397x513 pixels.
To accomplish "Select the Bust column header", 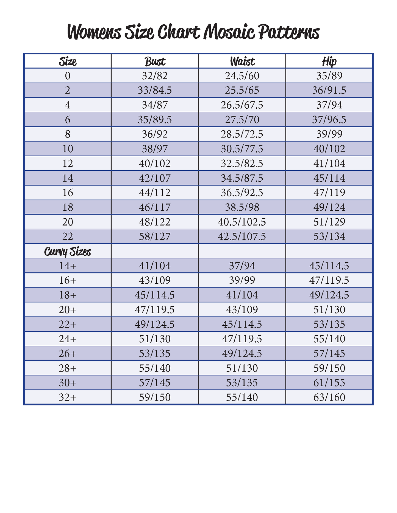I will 155,61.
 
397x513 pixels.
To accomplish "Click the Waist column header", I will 242,61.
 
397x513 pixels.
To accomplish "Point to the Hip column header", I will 329,61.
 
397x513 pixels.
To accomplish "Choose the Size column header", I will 68,61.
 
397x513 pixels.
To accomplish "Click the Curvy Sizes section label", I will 68,251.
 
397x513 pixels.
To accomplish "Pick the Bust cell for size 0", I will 155,76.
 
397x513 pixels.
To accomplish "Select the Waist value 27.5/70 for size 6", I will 242,120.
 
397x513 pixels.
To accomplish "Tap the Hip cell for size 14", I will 329,178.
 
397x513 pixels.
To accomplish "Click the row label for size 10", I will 68,149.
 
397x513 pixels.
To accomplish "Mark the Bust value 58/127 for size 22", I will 155,236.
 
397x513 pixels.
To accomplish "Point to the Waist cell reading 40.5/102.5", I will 242,222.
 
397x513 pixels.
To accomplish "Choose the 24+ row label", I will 68,339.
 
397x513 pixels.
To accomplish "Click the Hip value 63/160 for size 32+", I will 329,398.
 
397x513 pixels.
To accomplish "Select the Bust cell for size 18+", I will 155,295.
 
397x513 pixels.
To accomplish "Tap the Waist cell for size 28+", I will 242,368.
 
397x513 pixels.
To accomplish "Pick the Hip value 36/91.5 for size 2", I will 329,90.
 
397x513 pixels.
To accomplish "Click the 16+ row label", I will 68,280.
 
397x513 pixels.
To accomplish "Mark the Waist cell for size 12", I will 242,164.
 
